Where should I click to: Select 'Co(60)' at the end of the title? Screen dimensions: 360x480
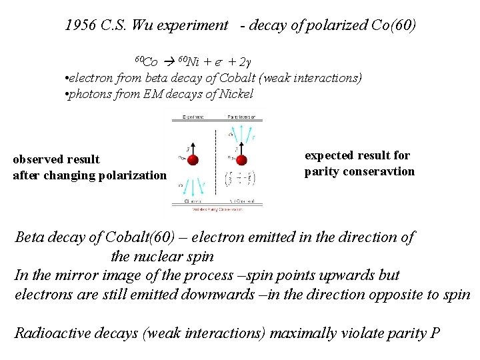(393, 26)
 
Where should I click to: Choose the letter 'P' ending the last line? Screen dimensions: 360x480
(435, 333)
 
